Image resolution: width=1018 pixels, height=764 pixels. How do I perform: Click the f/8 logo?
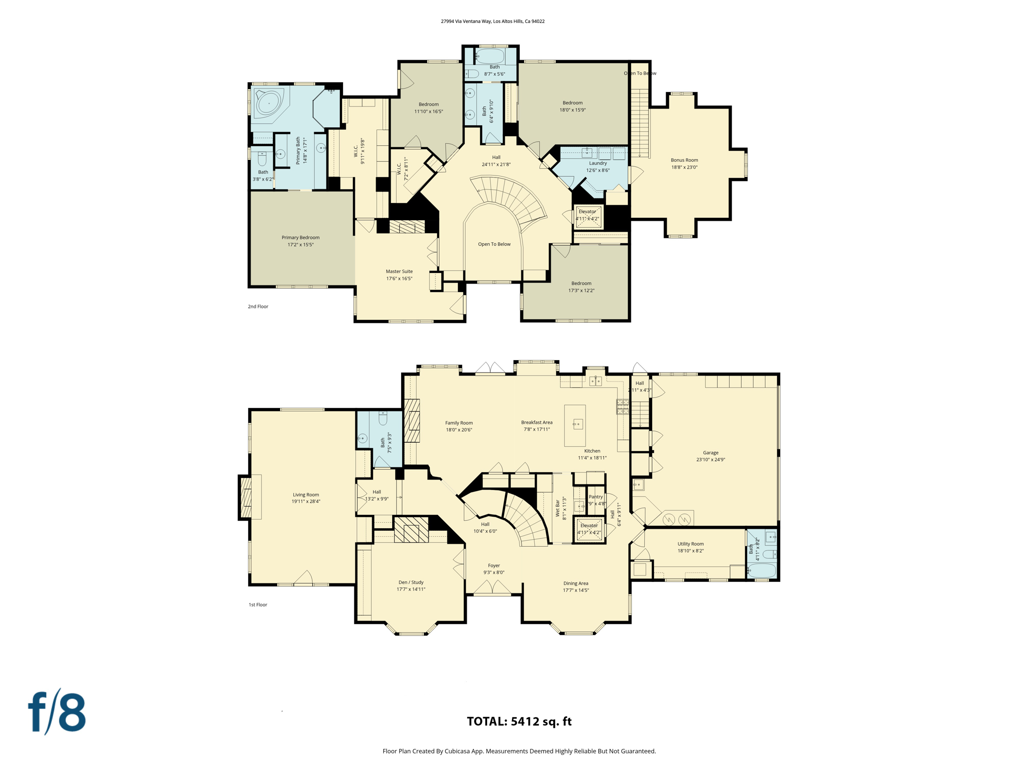[x=57, y=712]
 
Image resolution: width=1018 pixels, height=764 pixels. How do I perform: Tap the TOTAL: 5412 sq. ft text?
[x=519, y=721]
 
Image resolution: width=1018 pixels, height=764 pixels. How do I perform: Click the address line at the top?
[x=493, y=21]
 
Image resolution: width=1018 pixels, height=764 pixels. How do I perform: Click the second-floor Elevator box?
[x=588, y=216]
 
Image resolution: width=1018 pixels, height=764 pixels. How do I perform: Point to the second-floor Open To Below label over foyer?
[x=494, y=244]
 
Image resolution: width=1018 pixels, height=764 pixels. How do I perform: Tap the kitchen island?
[x=575, y=425]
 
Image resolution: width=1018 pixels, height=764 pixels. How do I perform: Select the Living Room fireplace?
[x=246, y=497]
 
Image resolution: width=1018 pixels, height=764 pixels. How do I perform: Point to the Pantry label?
[x=595, y=497]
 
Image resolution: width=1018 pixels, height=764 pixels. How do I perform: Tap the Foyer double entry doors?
[x=492, y=588]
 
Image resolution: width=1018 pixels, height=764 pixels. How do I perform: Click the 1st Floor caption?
[x=258, y=605]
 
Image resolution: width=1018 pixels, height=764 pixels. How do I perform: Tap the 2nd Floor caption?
[x=258, y=306]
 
